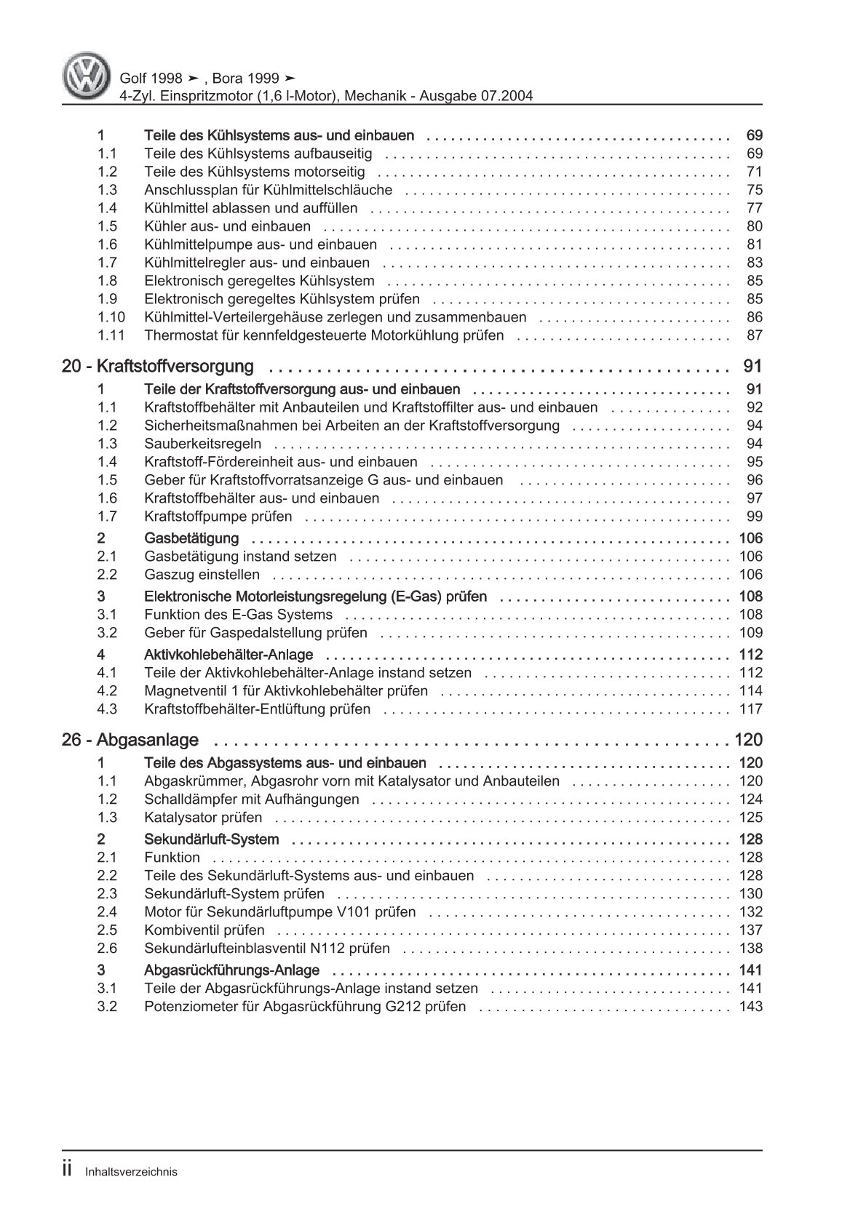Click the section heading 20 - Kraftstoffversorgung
[x=158, y=366]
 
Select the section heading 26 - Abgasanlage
[x=130, y=740]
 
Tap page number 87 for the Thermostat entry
[x=754, y=335]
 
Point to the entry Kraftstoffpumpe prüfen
[x=218, y=516]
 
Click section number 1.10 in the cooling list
[x=111, y=317]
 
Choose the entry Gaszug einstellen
[x=202, y=575]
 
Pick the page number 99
[x=754, y=516]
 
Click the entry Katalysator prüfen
[x=203, y=818]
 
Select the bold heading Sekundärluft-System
[x=212, y=839]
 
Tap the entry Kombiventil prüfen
[x=204, y=930]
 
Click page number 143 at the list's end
[x=750, y=1007]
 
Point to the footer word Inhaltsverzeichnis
[x=131, y=1172]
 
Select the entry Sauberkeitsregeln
[x=203, y=444]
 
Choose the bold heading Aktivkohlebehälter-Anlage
[x=229, y=655]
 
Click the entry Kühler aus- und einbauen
[x=227, y=226]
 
